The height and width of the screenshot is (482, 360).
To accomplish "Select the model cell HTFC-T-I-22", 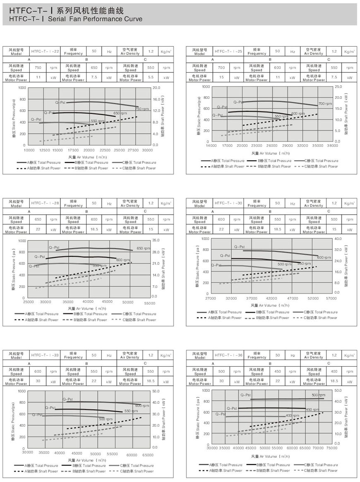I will tap(46, 51).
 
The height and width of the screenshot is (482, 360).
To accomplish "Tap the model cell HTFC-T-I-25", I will tap(228, 51).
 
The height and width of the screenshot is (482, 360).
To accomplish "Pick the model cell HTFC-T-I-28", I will tap(46, 203).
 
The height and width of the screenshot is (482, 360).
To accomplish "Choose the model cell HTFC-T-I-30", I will tap(228, 203).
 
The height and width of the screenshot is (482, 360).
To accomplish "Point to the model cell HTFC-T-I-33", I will tap(46, 355).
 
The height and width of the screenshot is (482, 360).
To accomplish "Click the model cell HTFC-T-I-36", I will tap(228, 355).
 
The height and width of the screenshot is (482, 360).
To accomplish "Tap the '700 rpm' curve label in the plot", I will tap(325, 103).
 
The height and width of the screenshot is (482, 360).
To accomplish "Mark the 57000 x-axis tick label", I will tap(331, 298).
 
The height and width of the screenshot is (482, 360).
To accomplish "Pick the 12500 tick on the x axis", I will tap(44, 150).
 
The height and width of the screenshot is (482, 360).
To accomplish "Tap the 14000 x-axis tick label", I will tap(211, 146).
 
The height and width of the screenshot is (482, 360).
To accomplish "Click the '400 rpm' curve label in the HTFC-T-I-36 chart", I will tap(292, 415).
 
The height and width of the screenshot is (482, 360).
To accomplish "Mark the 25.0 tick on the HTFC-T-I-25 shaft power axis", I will tap(338, 86).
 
